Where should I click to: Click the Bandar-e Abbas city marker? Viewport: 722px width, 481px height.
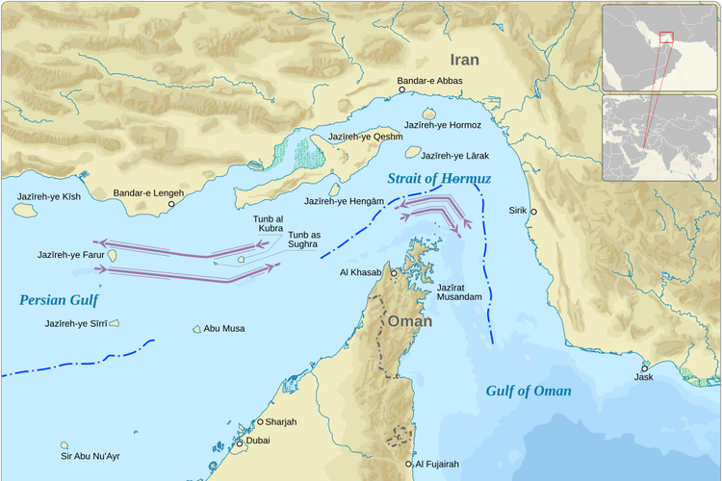pyautogui.click(x=402, y=90)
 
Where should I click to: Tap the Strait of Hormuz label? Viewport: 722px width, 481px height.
pyautogui.click(x=439, y=179)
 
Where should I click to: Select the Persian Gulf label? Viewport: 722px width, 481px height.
pyautogui.click(x=59, y=300)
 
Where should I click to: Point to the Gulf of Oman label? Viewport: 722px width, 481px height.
pyautogui.click(x=529, y=391)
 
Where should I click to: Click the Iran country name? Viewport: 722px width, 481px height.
pyautogui.click(x=464, y=60)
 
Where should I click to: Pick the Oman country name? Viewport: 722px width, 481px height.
pyautogui.click(x=409, y=321)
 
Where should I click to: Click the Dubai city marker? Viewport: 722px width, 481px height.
pyautogui.click(x=240, y=443)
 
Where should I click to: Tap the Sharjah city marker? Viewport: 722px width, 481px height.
pyautogui.click(x=260, y=421)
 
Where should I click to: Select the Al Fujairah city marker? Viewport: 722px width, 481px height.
pyautogui.click(x=408, y=464)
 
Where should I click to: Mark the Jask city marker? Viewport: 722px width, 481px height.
pyautogui.click(x=644, y=367)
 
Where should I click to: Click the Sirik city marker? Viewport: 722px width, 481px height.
pyautogui.click(x=533, y=212)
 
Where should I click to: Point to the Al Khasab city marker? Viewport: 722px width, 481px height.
pyautogui.click(x=393, y=273)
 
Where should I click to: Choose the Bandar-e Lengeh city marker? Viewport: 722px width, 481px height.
pyautogui.click(x=172, y=204)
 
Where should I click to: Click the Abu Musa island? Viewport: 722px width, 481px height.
pyautogui.click(x=196, y=329)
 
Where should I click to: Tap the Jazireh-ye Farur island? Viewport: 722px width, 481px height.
pyautogui.click(x=113, y=256)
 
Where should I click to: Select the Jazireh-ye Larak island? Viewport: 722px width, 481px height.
pyautogui.click(x=413, y=152)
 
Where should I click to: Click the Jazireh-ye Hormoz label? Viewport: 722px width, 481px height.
pyautogui.click(x=442, y=125)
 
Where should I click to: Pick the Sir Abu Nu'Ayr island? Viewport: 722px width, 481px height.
pyautogui.click(x=64, y=445)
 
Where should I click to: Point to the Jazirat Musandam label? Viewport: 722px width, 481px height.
pyautogui.click(x=459, y=292)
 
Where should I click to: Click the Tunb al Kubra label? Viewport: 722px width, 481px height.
pyautogui.click(x=269, y=224)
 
